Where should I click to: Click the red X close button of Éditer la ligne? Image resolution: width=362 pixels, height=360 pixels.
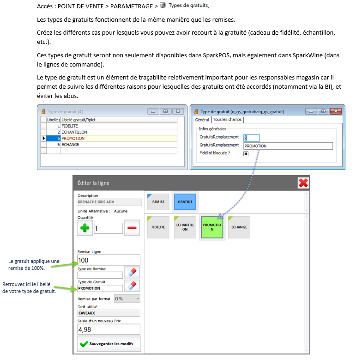(x=303, y=183)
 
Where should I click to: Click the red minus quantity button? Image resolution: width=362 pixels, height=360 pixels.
(x=132, y=228)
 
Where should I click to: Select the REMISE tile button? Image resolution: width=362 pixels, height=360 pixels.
(x=158, y=202)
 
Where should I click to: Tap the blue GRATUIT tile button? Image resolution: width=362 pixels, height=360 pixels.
(x=185, y=202)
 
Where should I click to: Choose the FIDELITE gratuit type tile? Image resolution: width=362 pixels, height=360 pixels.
(x=158, y=227)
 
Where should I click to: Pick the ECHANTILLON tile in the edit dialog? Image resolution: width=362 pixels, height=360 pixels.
(x=185, y=227)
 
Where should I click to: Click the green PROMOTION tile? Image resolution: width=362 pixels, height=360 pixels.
(x=212, y=227)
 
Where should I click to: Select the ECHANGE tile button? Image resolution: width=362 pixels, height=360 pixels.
(x=239, y=227)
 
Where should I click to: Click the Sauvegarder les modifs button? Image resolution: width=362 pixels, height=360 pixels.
(x=109, y=343)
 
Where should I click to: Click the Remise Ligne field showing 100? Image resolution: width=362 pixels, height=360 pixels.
(x=109, y=261)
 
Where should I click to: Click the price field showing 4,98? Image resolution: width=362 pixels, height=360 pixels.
(x=109, y=329)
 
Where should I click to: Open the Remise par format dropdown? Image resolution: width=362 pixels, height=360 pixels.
(x=127, y=299)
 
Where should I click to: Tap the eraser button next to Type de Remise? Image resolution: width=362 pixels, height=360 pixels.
(x=132, y=273)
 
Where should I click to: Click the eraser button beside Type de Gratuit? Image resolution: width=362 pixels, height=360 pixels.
(x=132, y=286)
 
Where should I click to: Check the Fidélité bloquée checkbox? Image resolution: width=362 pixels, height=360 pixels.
(x=246, y=153)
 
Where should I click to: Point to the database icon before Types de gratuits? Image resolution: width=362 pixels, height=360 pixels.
(x=163, y=5)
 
